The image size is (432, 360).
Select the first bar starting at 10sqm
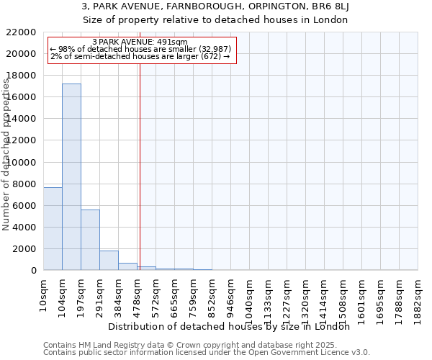click(53, 228)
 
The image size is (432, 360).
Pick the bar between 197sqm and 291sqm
click(90, 240)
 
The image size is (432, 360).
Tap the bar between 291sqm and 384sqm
click(109, 260)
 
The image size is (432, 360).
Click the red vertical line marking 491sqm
click(140, 166)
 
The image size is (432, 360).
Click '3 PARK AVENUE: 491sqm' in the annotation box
click(140, 42)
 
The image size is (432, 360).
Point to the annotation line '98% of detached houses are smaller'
click(140, 49)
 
